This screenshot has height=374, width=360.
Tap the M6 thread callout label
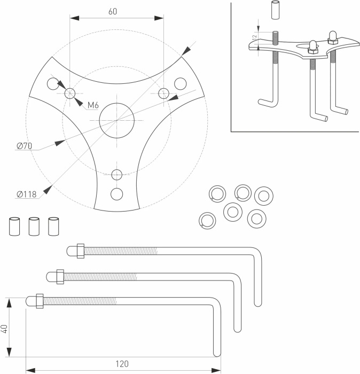click(93, 105)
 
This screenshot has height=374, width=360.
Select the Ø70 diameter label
click(25, 146)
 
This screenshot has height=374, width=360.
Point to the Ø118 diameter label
click(26, 194)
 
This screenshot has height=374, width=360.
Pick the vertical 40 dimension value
click(5, 328)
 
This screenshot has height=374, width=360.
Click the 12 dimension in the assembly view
click(255, 37)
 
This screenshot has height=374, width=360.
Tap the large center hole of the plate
click(116, 120)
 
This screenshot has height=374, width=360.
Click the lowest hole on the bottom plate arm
click(116, 193)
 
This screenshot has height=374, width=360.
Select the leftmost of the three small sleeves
click(14, 226)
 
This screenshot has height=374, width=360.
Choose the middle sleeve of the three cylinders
click(34, 226)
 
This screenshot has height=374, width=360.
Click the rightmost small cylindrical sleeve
click(53, 226)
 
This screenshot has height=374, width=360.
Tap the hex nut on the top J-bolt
click(80, 251)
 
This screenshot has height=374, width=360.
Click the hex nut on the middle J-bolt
click(60, 276)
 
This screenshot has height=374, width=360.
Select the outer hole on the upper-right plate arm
click(181, 83)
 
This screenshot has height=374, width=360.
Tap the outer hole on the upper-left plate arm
click(52, 83)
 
